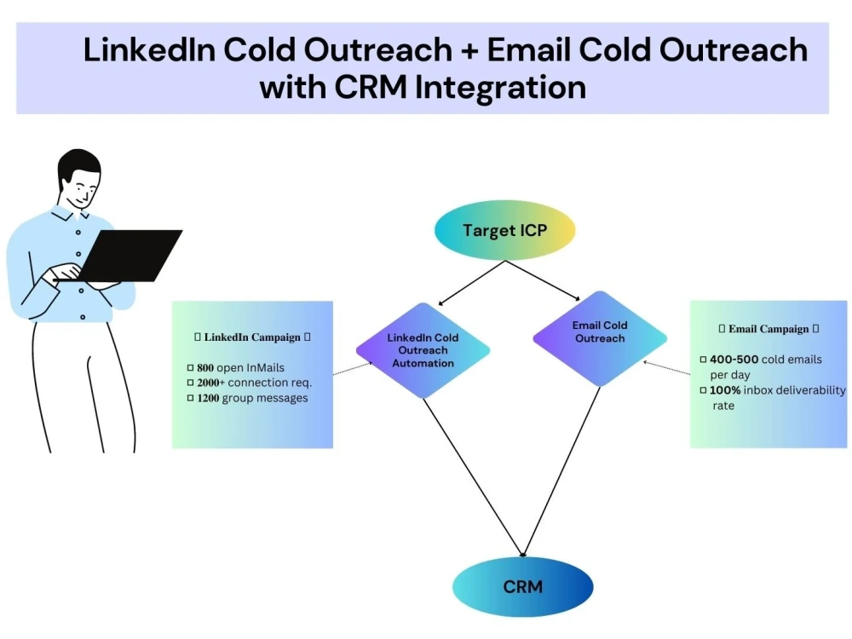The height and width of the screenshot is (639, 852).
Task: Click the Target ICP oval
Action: tap(504, 230)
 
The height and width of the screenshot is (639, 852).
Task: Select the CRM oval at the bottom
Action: tap(523, 587)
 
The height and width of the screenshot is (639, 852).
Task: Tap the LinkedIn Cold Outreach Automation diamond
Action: tap(423, 350)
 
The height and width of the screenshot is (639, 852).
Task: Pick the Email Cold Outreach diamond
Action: tap(600, 338)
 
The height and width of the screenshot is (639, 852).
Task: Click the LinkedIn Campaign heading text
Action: tap(252, 337)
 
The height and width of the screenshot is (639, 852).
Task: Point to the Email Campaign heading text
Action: tap(769, 329)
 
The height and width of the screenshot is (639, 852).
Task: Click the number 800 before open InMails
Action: tap(205, 368)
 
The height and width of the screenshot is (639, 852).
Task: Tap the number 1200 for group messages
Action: tap(208, 398)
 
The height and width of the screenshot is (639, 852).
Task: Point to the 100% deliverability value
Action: tap(725, 390)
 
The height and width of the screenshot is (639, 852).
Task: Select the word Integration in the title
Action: tap(500, 88)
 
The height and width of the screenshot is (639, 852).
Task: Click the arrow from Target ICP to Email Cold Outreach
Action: tap(543, 280)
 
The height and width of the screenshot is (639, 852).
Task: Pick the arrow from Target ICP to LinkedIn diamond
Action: tap(472, 283)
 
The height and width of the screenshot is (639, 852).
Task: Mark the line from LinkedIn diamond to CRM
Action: tap(473, 478)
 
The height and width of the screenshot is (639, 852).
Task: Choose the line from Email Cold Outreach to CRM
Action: tap(561, 472)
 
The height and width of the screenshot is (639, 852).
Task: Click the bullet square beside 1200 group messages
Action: tap(190, 398)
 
